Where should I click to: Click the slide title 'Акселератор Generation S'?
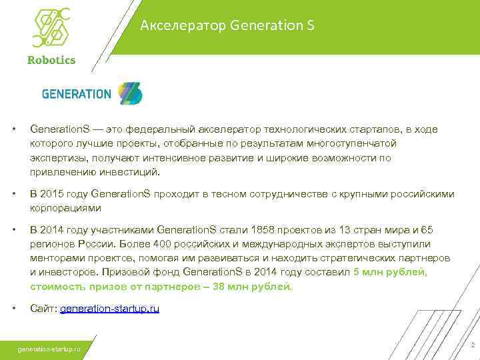coord(227,26)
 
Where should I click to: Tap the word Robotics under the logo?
coord(51,59)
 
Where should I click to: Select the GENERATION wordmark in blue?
coord(77,94)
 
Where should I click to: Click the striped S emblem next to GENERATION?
coord(131,94)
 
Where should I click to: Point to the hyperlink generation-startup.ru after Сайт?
coord(109,309)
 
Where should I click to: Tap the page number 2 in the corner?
coord(472,345)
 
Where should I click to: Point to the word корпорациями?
coord(63,208)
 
